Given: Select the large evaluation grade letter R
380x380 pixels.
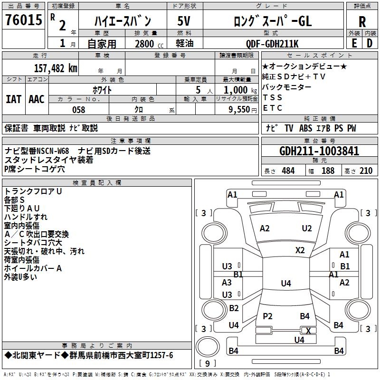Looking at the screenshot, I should click(362, 22).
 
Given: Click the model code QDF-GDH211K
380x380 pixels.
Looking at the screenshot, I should click(272, 44).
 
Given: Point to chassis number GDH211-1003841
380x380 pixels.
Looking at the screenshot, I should click(319, 152).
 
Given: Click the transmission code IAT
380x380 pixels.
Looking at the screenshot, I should click(13, 99).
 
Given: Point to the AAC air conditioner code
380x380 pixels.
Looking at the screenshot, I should click(37, 99).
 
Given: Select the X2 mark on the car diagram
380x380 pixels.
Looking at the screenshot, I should click(300, 250).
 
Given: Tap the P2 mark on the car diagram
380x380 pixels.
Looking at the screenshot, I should click(268, 316).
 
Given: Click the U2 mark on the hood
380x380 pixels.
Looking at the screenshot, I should click(307, 228).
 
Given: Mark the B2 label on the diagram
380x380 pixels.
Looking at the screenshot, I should click(234, 308).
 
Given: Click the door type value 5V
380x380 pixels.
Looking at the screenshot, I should click(184, 21).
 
